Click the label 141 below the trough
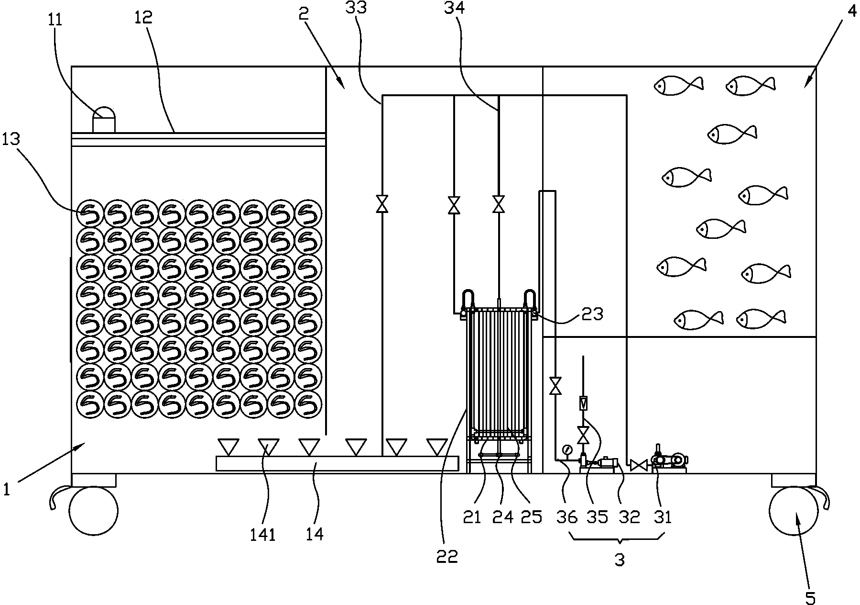click(x=262, y=534)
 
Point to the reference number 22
click(x=447, y=556)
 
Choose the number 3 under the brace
click(x=620, y=560)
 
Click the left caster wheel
click(x=93, y=511)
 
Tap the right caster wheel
click(x=794, y=510)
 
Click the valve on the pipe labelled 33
click(x=381, y=204)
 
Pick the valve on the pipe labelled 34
click(x=499, y=205)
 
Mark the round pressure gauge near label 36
click(x=567, y=449)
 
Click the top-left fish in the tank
click(x=678, y=85)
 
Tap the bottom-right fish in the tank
click(x=761, y=319)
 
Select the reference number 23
click(x=592, y=314)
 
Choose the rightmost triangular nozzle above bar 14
click(x=437, y=447)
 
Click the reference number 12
click(x=144, y=17)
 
